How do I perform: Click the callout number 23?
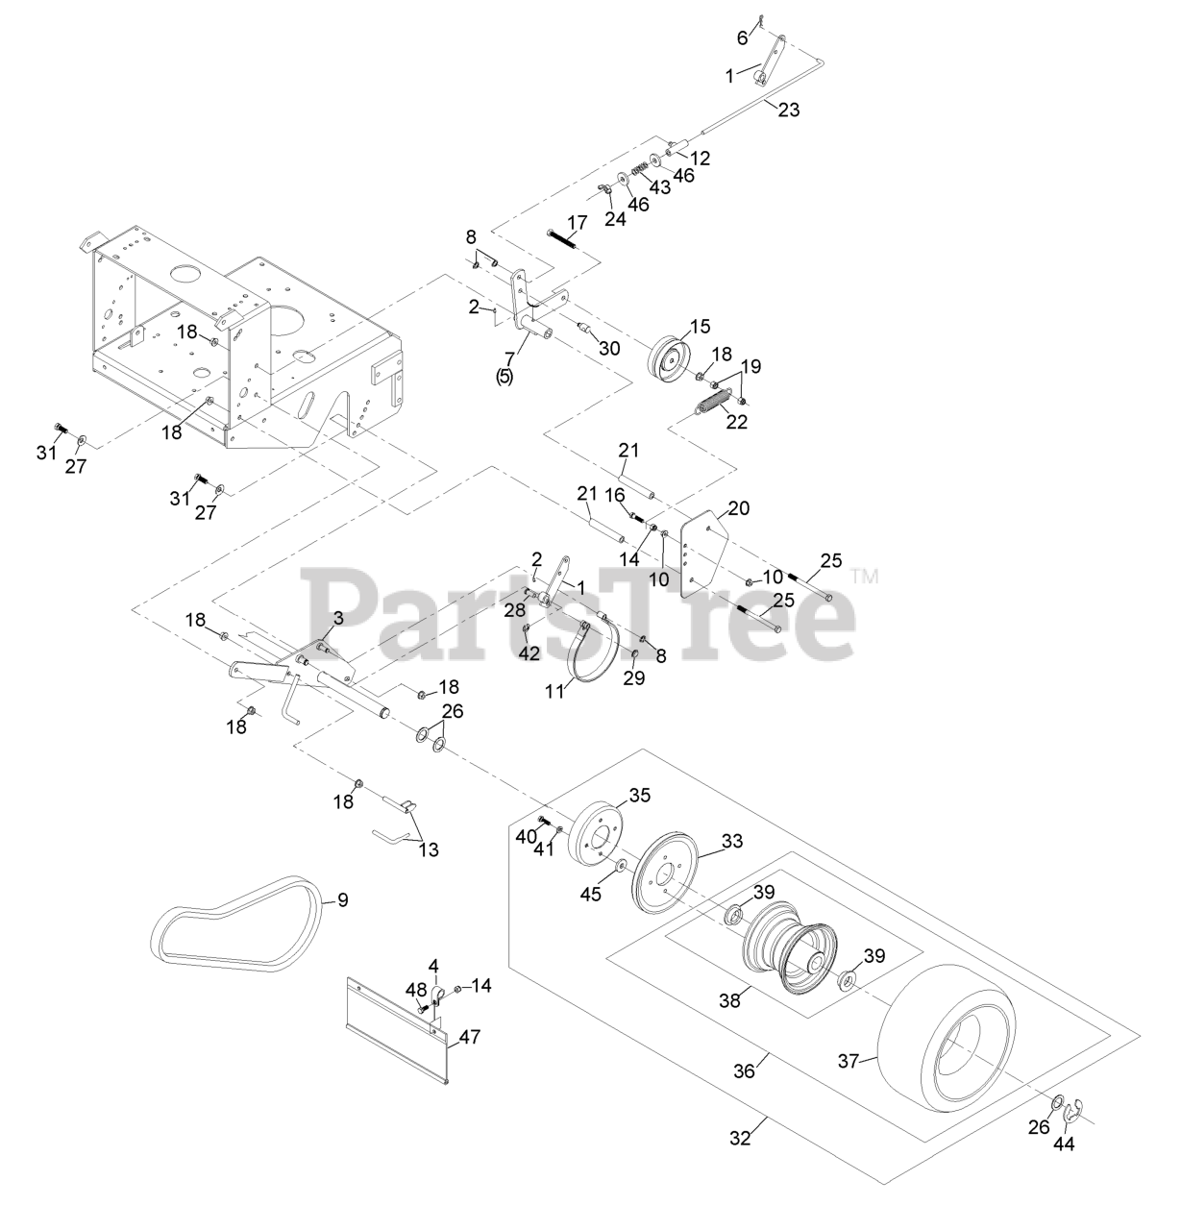788,110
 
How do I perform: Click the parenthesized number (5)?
504,377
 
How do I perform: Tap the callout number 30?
609,348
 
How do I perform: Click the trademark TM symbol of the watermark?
865,577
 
